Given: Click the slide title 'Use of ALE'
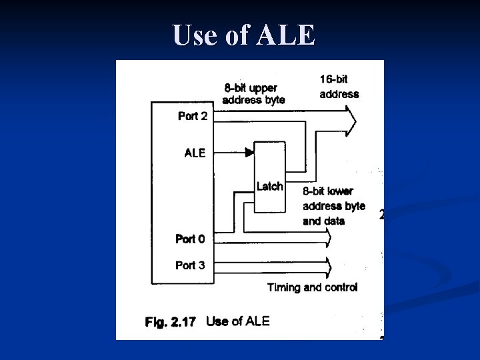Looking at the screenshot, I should [243, 35].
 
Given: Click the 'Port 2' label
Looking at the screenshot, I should [193, 116].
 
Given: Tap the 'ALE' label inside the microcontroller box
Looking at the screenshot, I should [195, 153].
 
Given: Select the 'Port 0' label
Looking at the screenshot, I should [190, 239].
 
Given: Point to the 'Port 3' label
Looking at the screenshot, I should [190, 265].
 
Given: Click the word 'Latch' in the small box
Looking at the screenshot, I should [269, 187].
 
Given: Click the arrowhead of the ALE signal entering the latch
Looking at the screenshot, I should [251, 153].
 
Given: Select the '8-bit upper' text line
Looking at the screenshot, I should [251, 87].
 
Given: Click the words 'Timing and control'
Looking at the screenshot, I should [312, 287].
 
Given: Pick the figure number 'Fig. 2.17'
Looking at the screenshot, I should [171, 322].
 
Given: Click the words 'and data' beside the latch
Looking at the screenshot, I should [323, 221].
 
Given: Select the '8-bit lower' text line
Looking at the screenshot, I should [328, 191].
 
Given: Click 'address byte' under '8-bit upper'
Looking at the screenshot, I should [253, 100].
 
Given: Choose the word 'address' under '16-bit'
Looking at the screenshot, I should [339, 94].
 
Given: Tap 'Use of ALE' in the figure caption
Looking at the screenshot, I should [238, 321].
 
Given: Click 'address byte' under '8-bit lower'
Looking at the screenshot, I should [334, 206].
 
